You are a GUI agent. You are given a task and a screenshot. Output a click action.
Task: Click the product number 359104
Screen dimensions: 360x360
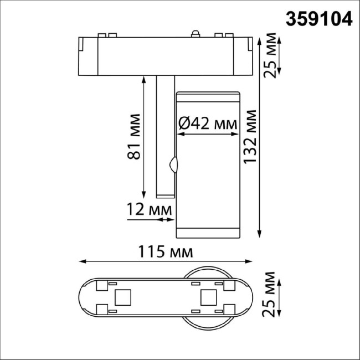tap(318, 19)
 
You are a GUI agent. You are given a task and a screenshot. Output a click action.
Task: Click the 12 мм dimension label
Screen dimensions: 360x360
tap(148, 209)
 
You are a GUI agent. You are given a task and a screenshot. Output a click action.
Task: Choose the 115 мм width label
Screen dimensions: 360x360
tap(164, 253)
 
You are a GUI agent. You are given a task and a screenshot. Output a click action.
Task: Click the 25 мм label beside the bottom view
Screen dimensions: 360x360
tap(270, 294)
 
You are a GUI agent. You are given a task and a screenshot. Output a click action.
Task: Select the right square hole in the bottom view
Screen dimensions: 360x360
tap(208, 299)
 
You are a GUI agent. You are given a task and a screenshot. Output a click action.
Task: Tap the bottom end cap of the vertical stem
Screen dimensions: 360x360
tap(164, 194)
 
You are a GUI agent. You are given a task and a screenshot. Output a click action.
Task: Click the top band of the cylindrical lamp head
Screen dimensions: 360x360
tap(208, 99)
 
